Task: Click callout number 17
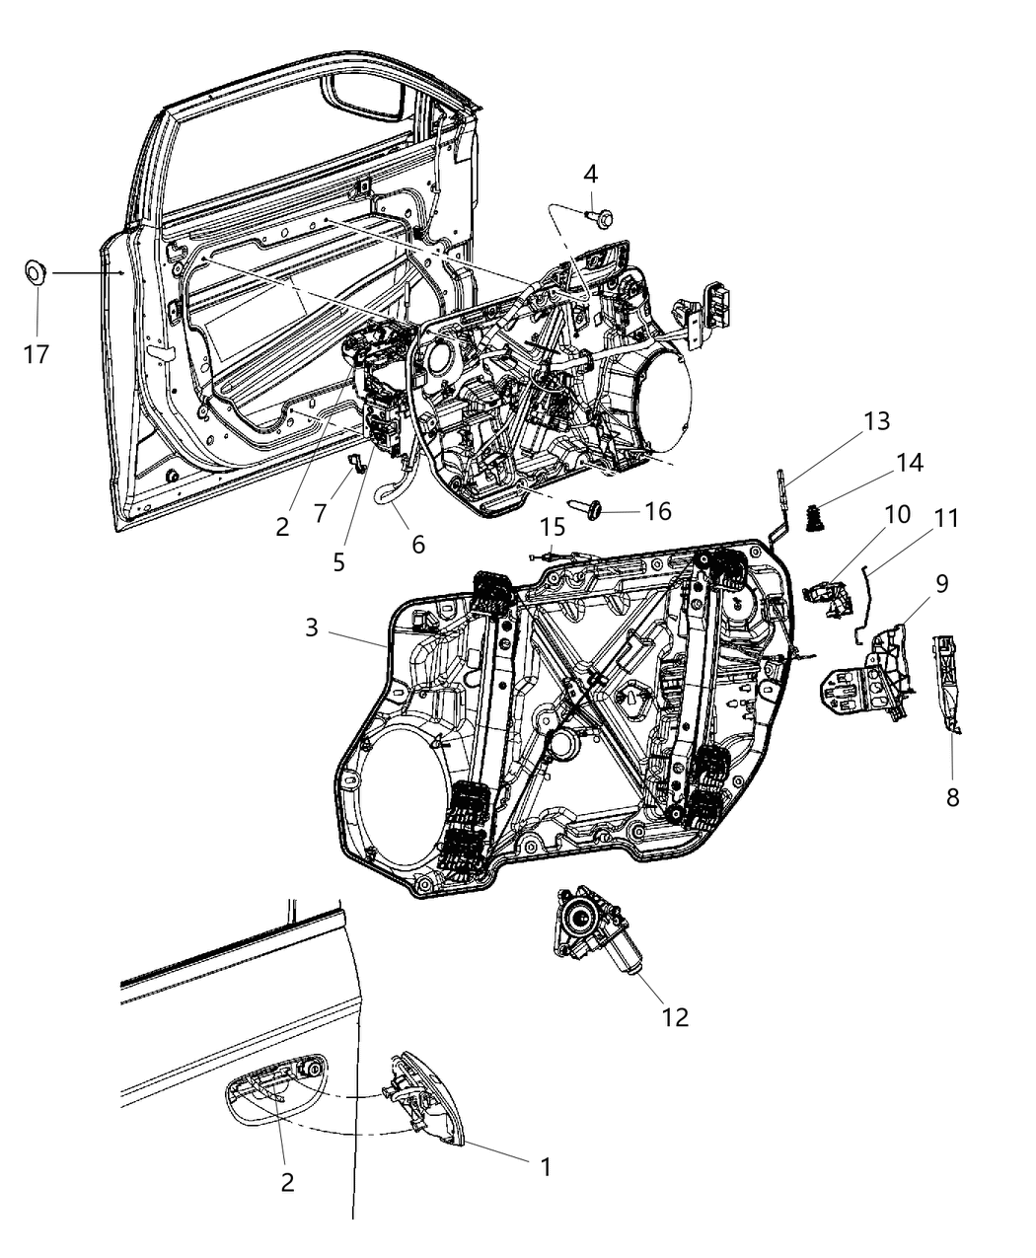pos(37,353)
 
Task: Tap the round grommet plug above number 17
pos(37,270)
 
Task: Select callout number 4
pos(590,175)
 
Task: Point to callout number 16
pos(658,510)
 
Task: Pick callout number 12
pos(675,1015)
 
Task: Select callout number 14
pos(909,462)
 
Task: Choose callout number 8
pos(952,795)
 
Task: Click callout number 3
pos(312,627)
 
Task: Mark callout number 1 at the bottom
pos(544,1166)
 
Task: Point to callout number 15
pos(554,525)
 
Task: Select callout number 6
pos(418,543)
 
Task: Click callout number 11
pos(947,517)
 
